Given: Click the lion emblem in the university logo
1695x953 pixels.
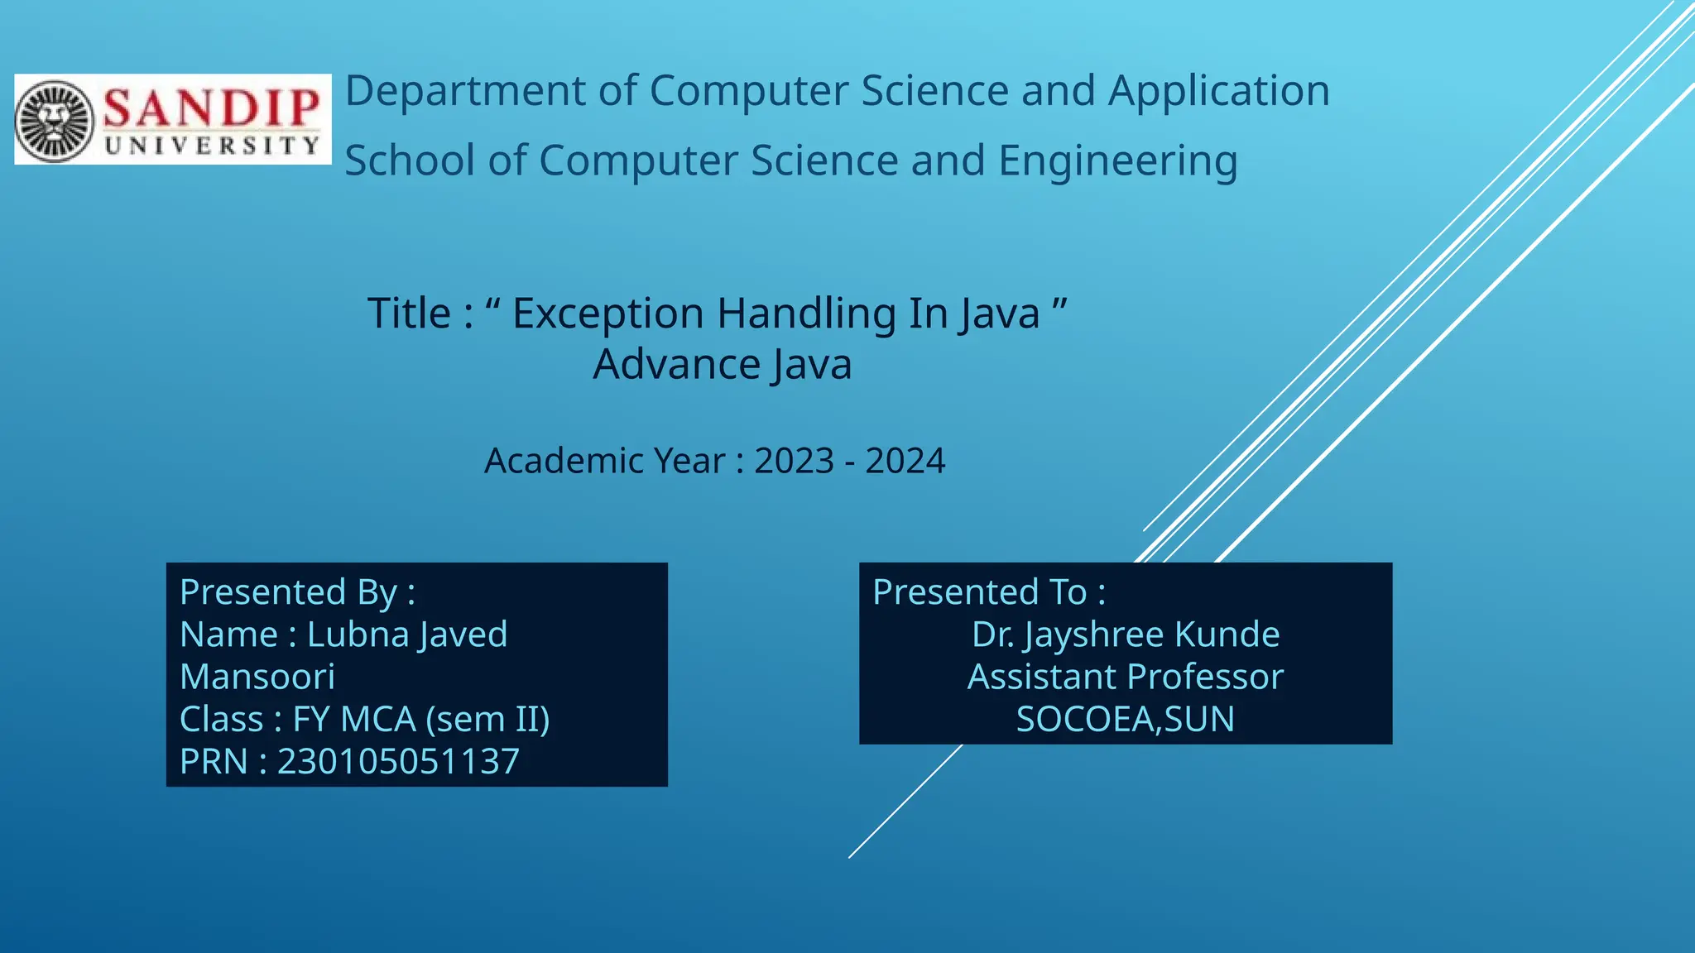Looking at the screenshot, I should [x=55, y=121].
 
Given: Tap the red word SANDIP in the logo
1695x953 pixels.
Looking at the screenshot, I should [x=212, y=108].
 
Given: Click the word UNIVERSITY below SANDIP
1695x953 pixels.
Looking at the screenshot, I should [x=212, y=146].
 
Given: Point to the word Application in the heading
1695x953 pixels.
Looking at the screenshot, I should [x=1218, y=91].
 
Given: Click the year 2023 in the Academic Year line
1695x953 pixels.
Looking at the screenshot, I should [x=794, y=461].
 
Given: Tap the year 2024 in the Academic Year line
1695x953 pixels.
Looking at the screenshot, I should [x=905, y=461].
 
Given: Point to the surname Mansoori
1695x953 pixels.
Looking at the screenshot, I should [x=257, y=677].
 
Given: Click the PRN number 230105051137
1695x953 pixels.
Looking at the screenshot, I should [x=398, y=762].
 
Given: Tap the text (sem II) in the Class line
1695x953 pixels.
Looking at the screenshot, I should [x=487, y=720].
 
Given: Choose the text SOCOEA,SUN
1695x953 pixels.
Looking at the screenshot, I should [x=1125, y=720].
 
